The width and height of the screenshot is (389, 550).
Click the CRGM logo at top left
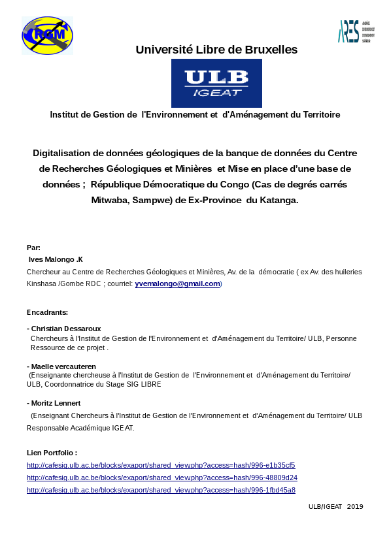(47, 35)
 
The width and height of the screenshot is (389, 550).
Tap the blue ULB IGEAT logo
(216, 83)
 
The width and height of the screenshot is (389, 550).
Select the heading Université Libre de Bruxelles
(216, 50)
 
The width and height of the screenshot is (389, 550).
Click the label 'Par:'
(33, 248)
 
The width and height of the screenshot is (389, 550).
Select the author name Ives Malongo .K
(56, 259)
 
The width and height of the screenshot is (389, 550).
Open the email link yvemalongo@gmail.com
(177, 283)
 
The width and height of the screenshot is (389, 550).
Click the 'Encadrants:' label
(47, 312)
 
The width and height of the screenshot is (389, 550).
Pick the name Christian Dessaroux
(66, 329)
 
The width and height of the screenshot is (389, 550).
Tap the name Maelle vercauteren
(63, 366)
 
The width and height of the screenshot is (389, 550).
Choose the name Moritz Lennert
(56, 403)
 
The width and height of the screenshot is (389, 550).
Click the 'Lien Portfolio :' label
(52, 453)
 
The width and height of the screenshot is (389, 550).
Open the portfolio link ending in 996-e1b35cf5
(161, 465)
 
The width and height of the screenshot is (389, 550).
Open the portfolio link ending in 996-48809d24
(161, 477)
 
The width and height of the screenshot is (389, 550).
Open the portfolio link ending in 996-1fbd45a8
(161, 490)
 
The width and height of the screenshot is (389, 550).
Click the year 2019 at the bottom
(355, 506)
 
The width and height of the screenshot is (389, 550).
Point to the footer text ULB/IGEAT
(325, 506)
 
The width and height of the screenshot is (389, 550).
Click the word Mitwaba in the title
(110, 200)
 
